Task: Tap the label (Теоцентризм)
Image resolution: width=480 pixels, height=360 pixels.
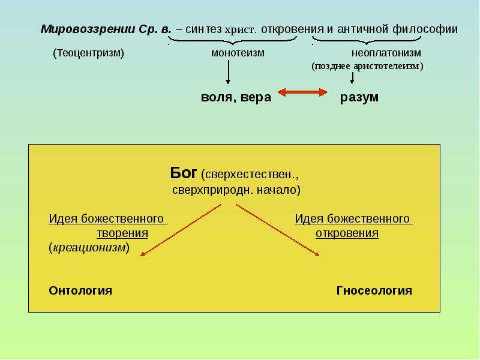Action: click(x=88, y=53)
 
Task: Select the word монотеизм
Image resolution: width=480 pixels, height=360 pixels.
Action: click(x=238, y=53)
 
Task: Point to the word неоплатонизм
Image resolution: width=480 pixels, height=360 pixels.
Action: click(x=386, y=53)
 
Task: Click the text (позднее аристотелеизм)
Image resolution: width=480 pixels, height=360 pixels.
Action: click(x=367, y=66)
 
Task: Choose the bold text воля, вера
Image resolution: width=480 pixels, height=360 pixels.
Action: click(x=236, y=97)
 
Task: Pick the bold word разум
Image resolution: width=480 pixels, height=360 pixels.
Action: click(x=359, y=98)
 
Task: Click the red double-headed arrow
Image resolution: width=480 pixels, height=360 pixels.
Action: click(x=302, y=92)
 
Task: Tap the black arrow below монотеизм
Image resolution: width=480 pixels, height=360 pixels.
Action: click(x=228, y=72)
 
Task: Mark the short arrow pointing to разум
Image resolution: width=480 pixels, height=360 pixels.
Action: click(x=352, y=78)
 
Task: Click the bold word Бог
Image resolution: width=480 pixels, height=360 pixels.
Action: click(x=184, y=173)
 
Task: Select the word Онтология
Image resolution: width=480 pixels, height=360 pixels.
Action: click(x=80, y=290)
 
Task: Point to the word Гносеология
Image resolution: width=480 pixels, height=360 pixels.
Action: click(x=374, y=290)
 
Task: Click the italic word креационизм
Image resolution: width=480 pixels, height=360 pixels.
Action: click(x=89, y=247)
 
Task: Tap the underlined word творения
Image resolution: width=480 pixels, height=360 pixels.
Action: click(x=122, y=233)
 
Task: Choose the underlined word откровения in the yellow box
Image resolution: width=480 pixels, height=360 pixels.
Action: click(x=347, y=233)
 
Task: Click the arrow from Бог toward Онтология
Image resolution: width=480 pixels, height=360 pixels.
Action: click(x=181, y=230)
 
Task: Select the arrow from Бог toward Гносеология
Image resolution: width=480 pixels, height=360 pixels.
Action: click(x=278, y=230)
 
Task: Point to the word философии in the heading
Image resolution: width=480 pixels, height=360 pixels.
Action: click(x=425, y=29)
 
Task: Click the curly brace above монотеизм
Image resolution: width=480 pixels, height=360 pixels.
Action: click(x=233, y=41)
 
